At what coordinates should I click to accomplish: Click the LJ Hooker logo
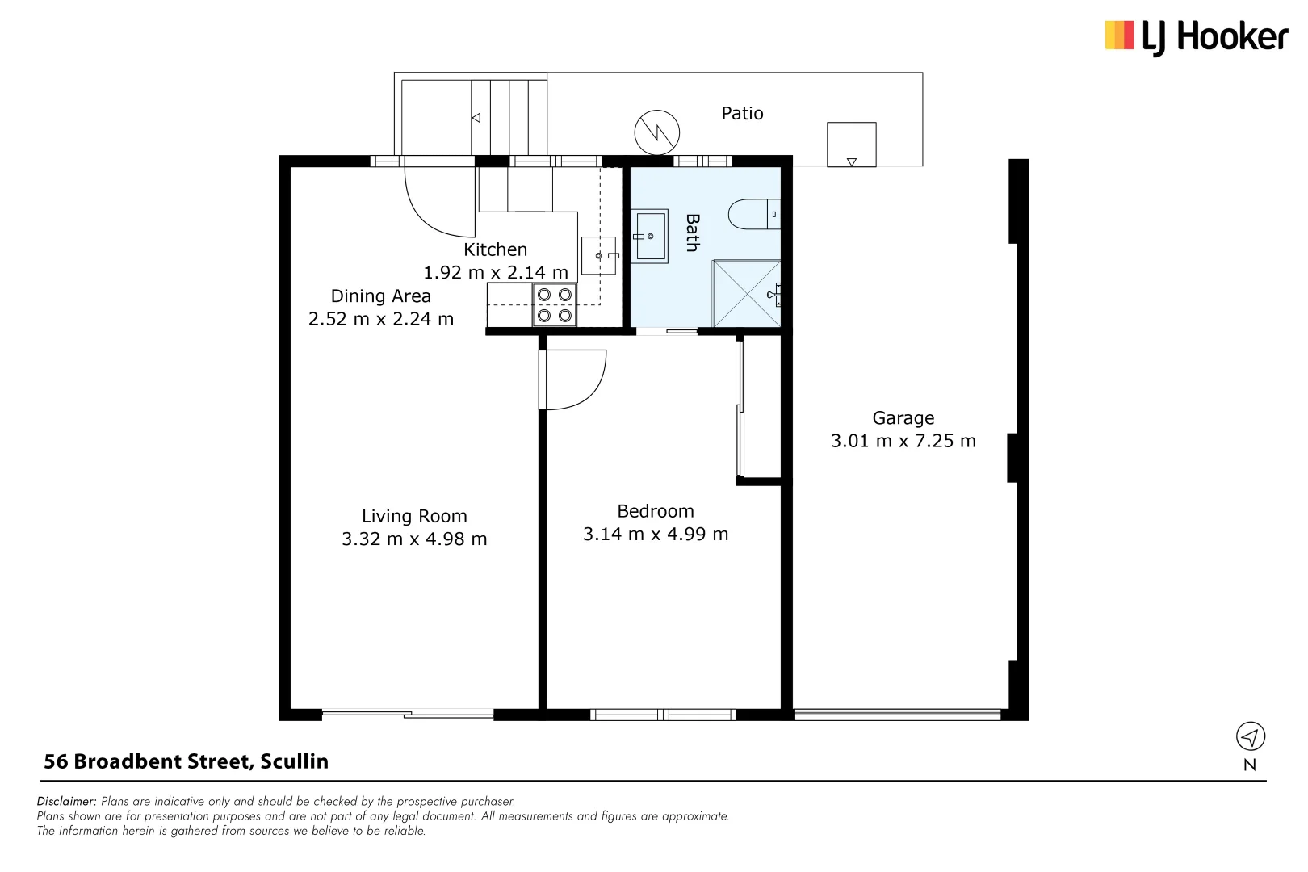(x=1196, y=37)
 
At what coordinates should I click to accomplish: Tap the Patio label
(x=742, y=114)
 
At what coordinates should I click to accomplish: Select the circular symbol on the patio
(x=656, y=132)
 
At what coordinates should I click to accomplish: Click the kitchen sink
(x=599, y=256)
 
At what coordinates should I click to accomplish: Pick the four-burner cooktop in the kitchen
(x=555, y=305)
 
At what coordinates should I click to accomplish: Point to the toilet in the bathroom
(x=753, y=215)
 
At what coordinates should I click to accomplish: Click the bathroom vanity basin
(x=650, y=237)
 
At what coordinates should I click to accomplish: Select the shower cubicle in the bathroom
(x=746, y=294)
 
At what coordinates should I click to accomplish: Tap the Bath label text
(x=692, y=233)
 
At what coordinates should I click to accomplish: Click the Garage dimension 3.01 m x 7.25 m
(x=903, y=441)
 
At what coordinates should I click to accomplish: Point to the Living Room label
(x=414, y=516)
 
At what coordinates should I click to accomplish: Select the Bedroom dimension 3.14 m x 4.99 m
(x=656, y=535)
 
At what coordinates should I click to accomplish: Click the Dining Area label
(x=380, y=296)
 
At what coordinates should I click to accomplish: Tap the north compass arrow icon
(x=1250, y=736)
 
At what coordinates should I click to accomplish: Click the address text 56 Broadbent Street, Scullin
(x=186, y=761)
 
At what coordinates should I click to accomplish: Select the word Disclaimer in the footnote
(x=67, y=802)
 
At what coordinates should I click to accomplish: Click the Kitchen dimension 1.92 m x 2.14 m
(x=495, y=273)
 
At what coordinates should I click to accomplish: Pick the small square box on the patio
(x=851, y=145)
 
